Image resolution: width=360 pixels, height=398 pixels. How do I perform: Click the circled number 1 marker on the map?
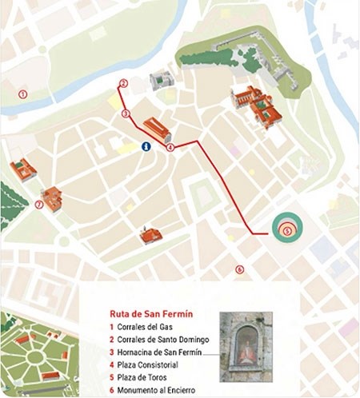point(23,94)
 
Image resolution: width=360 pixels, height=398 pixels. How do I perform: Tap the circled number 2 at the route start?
point(123,83)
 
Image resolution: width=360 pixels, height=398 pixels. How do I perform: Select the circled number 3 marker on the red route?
point(126,114)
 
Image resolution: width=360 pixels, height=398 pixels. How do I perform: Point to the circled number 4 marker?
point(170,148)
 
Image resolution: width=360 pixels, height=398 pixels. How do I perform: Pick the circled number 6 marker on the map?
point(239,269)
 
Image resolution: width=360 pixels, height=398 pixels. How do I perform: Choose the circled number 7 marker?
point(38,205)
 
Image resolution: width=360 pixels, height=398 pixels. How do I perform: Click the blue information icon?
point(146,146)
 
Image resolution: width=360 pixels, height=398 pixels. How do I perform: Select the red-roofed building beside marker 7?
point(53,198)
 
